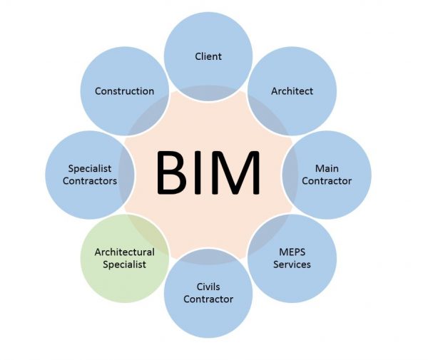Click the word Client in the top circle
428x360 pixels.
pyautogui.click(x=208, y=56)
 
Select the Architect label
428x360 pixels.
pyautogui.click(x=292, y=91)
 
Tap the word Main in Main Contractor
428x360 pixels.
pyautogui.click(x=327, y=169)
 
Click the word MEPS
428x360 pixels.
pyautogui.click(x=292, y=252)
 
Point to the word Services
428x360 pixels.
pyautogui.click(x=292, y=264)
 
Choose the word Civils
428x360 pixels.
pyautogui.click(x=208, y=287)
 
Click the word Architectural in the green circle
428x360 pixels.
pyautogui.click(x=125, y=252)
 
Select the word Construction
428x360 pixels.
pyautogui.click(x=125, y=91)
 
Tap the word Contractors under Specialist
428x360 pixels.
pyautogui.click(x=90, y=181)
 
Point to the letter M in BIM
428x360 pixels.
pyautogui.click(x=235, y=173)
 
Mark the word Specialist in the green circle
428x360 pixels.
pyautogui.click(x=125, y=264)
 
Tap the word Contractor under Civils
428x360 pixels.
pyautogui.click(x=208, y=299)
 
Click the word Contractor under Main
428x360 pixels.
pyautogui.click(x=327, y=181)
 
